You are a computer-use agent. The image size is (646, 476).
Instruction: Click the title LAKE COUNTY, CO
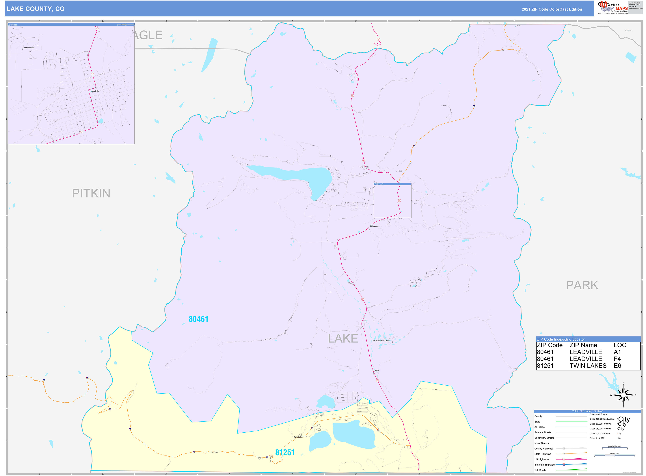[x=36, y=9]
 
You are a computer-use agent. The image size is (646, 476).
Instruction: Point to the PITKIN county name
[x=91, y=193]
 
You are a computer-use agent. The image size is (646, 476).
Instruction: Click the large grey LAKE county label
[x=343, y=338]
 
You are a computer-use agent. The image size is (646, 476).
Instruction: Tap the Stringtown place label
[x=374, y=226]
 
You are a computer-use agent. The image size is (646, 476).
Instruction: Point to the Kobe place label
[x=377, y=371]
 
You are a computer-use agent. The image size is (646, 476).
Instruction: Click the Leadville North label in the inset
[x=29, y=48]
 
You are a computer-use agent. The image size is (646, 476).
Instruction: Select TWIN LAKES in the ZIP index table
[x=588, y=366]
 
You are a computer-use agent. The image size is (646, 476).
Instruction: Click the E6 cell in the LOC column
[x=617, y=366]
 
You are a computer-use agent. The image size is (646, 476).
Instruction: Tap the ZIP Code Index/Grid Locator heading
[x=561, y=339]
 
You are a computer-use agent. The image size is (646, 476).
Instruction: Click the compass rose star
[x=623, y=395]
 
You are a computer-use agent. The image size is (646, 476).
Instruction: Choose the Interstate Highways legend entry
[x=545, y=465]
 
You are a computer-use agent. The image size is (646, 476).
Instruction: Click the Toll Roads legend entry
[x=540, y=470]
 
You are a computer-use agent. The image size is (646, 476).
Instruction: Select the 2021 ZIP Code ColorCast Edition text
[x=552, y=9]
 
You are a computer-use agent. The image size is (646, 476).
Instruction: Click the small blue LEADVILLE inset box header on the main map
[x=392, y=184]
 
